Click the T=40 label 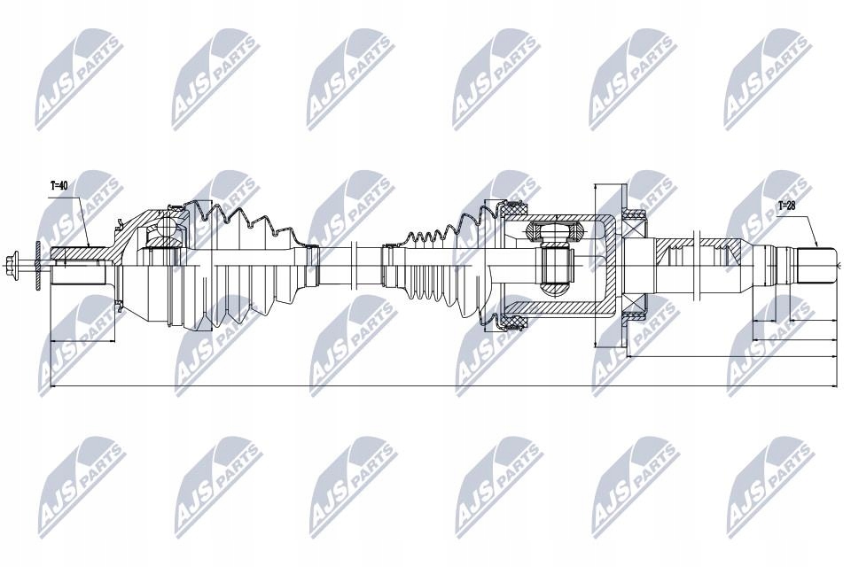[x=59, y=185]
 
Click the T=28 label [x=785, y=206]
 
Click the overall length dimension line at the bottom [x=443, y=387]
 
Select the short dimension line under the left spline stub [x=84, y=340]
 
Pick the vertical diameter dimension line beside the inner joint [x=596, y=266]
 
